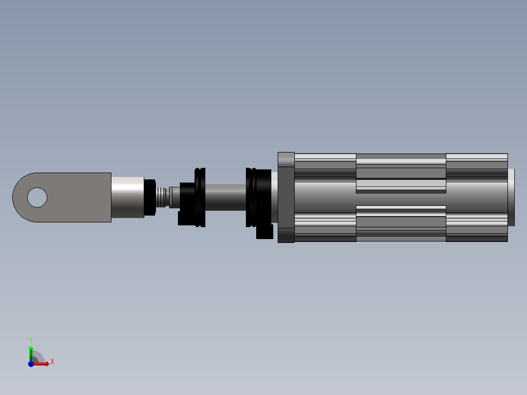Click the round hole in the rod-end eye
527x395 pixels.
pos(37,197)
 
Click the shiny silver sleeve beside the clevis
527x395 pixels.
pos(128,197)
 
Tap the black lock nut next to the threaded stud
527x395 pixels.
pos(150,197)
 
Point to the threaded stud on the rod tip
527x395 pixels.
pos(161,197)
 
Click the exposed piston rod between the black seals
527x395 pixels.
pos(225,197)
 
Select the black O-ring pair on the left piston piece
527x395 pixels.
pos(200,197)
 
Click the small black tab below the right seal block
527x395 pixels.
pos(265,232)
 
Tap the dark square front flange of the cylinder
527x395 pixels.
pos(286,197)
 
